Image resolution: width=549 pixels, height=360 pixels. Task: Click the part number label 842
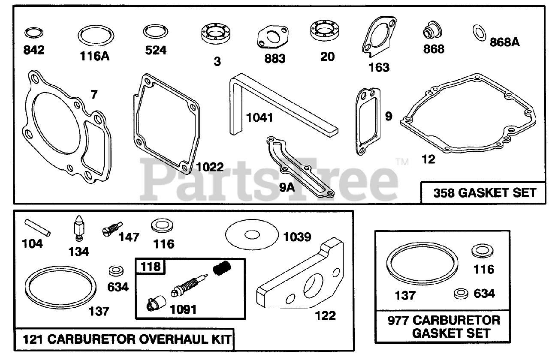coord(34,50)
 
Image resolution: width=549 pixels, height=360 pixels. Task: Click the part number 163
coord(379,67)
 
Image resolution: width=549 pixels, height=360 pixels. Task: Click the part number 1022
coord(210,167)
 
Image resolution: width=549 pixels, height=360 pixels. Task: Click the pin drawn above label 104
coord(38,227)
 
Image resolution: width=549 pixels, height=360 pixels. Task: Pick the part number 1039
coord(297,237)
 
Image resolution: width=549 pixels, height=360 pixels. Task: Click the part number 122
coord(325,315)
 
